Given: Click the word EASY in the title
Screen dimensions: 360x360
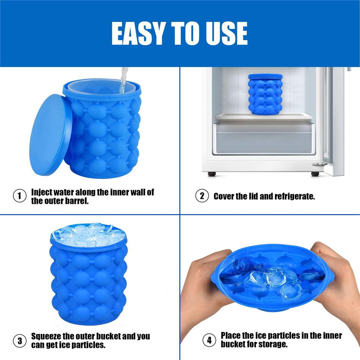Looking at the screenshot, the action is click(137, 33).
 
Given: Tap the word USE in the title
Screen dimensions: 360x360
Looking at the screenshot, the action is click(226, 33).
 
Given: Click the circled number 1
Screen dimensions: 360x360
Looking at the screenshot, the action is click(19, 196).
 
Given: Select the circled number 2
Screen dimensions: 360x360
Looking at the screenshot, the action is click(202, 196).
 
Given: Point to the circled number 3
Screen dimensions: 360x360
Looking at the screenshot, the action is click(19, 341).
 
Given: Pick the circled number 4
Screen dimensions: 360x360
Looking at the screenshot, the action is click(209, 340).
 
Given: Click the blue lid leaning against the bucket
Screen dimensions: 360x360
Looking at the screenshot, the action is click(50, 135).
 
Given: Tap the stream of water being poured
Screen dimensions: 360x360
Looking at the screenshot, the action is click(124, 80).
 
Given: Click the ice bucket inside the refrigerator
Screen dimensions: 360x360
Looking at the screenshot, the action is click(265, 94).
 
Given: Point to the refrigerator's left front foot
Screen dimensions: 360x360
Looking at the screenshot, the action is click(212, 174).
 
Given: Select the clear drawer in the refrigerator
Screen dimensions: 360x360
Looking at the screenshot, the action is click(264, 138).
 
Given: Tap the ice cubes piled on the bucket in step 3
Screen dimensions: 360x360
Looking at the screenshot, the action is click(88, 235).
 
